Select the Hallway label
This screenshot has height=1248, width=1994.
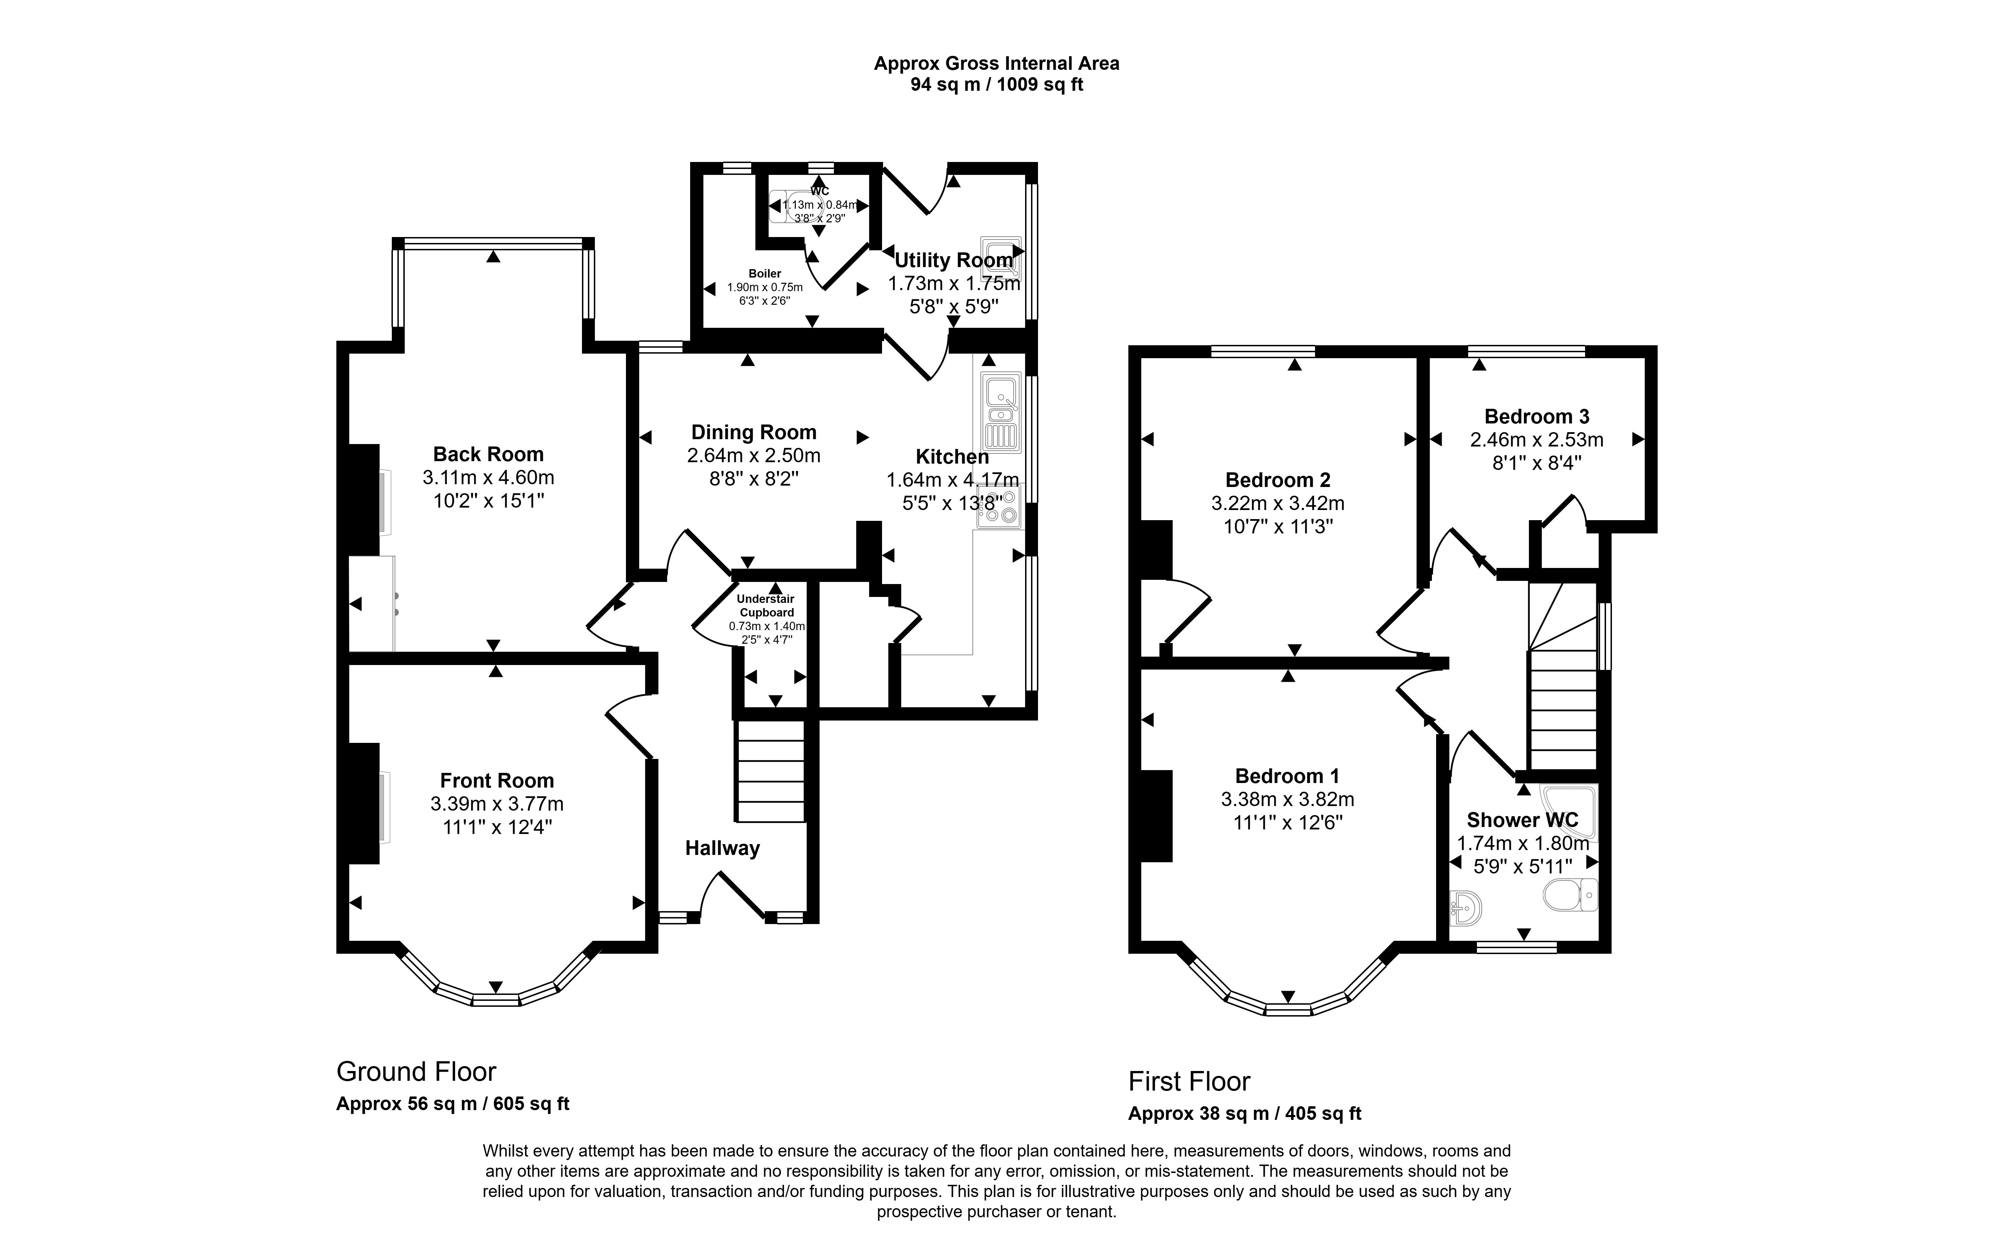point(722,848)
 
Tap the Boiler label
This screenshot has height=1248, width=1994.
point(765,273)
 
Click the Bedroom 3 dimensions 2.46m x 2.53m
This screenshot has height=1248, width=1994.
point(1536,440)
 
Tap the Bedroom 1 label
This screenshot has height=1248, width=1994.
point(1287,776)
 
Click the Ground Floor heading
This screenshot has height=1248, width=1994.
point(416,1071)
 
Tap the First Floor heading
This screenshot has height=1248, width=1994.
point(1189,1081)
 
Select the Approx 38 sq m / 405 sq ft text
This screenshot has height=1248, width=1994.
point(1244,1114)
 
